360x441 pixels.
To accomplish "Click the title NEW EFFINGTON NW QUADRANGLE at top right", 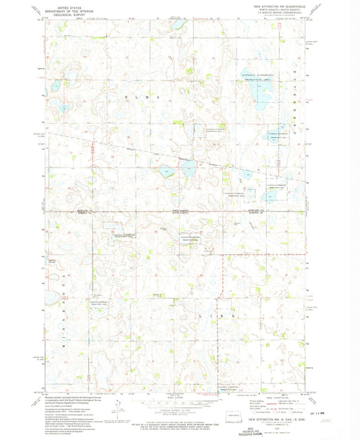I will pos(278,5).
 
